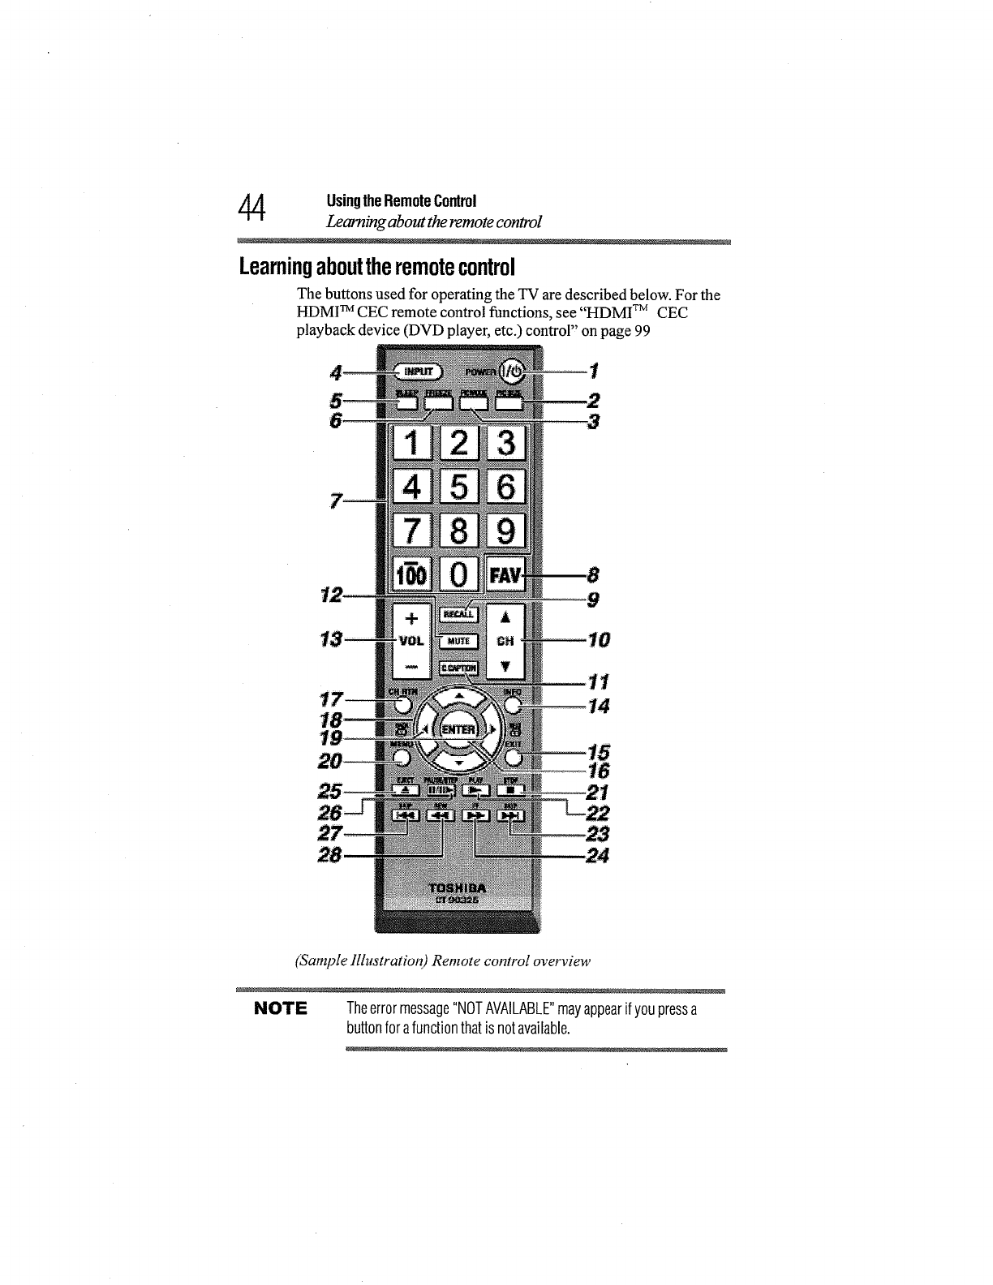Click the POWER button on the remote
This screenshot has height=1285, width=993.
[511, 371]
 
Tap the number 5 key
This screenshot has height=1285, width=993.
[459, 488]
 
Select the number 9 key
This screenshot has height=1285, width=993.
[505, 531]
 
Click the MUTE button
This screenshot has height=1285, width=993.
[459, 641]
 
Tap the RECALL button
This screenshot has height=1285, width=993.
[459, 613]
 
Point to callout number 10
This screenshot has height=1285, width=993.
[600, 640]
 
